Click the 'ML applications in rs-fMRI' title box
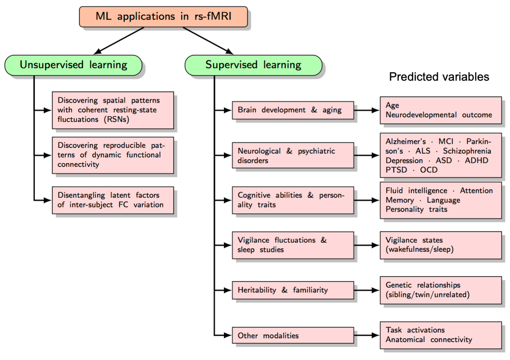point(163,17)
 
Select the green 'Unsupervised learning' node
point(73,65)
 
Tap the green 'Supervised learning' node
point(253,65)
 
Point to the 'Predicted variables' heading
point(439,77)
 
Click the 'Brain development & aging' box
point(293,110)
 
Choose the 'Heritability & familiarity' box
point(293,290)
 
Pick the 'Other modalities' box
point(293,335)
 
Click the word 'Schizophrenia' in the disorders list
point(467,151)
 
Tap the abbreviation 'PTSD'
point(396,170)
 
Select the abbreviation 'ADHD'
point(476,160)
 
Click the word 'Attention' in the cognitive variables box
point(476,190)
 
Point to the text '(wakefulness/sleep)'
point(419,249)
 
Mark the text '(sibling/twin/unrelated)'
point(427,295)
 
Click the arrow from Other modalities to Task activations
point(367,335)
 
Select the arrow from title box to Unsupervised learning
point(119,41)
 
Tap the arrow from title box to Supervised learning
point(208,41)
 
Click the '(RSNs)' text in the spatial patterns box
point(116,120)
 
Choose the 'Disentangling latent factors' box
point(113,200)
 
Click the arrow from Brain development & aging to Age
point(367,110)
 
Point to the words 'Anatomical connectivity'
point(429,340)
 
